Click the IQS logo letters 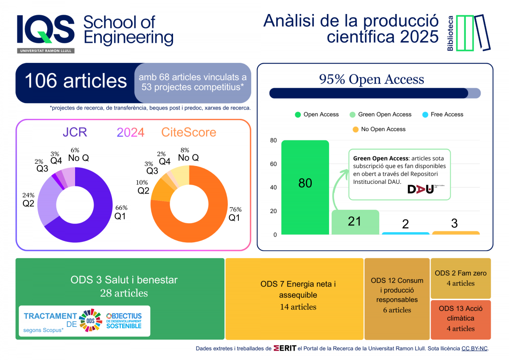point(45,30)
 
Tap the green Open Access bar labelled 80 point(305,187)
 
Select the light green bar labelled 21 point(355,222)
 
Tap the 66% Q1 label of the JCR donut point(121,212)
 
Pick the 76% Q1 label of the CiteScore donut point(235,214)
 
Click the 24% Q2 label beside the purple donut point(28,200)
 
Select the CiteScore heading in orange point(189,132)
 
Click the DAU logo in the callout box point(420,189)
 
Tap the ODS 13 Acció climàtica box point(461,318)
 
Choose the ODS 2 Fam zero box point(461,278)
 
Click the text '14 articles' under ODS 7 point(298,307)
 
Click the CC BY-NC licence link point(475,349)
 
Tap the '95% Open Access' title point(372,79)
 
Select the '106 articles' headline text point(76,81)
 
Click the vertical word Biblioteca point(450,33)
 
